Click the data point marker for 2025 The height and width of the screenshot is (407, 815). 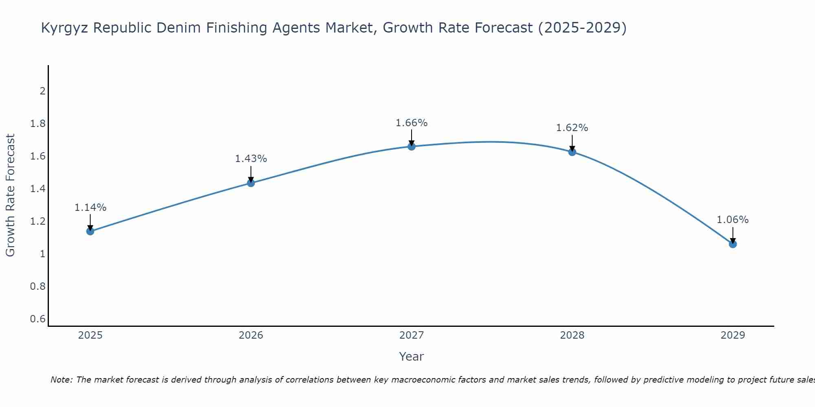coord(90,231)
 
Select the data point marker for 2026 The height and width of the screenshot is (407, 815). coord(251,183)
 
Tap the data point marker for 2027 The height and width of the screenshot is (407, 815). coord(412,147)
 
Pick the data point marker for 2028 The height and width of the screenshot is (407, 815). coord(572,152)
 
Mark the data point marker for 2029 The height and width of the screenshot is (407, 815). coord(733,244)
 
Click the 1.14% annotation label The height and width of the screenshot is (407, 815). coord(90,208)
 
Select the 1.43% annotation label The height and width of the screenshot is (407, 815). coord(251,159)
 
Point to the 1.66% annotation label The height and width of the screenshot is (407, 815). coord(412,123)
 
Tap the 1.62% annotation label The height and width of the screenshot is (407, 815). coord(572,128)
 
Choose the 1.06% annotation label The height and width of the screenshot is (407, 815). coord(733,220)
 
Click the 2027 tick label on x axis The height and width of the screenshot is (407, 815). coord(412,335)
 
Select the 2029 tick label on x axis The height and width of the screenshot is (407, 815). coord(733,335)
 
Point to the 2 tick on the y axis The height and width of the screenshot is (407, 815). coord(42,91)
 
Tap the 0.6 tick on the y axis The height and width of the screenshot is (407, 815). coord(38,319)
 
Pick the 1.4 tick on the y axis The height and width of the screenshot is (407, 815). coord(38,188)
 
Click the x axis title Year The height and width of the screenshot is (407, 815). coord(412,357)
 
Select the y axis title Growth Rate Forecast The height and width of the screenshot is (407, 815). coord(10,195)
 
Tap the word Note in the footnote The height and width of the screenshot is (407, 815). coord(62,380)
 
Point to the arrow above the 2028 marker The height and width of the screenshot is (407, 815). coord(572,142)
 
